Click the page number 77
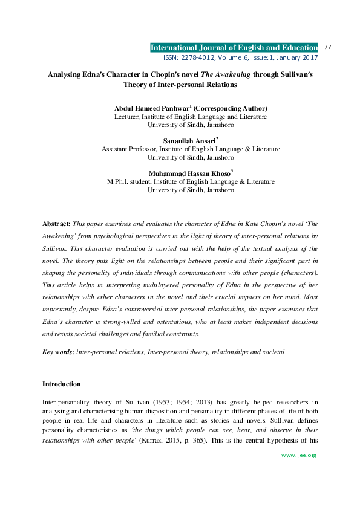(329, 47)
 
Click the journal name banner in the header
(234, 47)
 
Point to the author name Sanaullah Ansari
(189, 141)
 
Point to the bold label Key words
(58, 351)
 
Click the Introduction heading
(61, 384)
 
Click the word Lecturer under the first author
(126, 116)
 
